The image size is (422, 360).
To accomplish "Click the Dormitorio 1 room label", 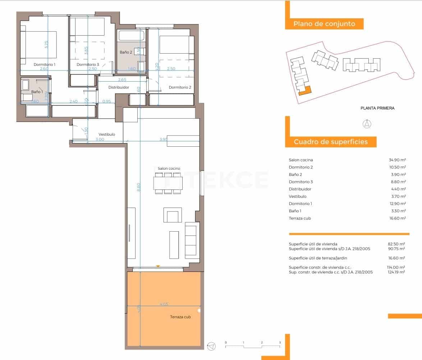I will coord(45,64).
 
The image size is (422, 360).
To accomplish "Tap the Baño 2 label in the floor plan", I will coord(126,52).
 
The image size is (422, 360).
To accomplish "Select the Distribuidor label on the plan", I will coord(119,87).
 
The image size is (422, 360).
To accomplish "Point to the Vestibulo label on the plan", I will coord(107,134).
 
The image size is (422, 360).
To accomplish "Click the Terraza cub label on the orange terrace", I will coord(180,317).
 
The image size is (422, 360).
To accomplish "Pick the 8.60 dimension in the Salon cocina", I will coord(139,187).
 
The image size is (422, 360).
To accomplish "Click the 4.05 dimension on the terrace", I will coord(164,304).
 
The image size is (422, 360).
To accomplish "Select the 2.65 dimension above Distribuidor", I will coord(122,79).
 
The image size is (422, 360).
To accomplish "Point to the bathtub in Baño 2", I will coord(132,36).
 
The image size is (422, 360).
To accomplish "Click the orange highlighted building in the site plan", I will coord(306,91).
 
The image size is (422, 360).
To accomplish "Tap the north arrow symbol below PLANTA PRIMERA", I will coord(367,124).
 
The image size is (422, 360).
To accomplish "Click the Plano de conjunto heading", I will coord(324,24).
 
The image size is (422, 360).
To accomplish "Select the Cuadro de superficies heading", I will coord(331,142).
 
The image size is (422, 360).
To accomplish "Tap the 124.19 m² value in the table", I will coord(397,272).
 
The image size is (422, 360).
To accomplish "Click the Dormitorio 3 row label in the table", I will coord(301,182).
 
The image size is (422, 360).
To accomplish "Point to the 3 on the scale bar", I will coord(280,342).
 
